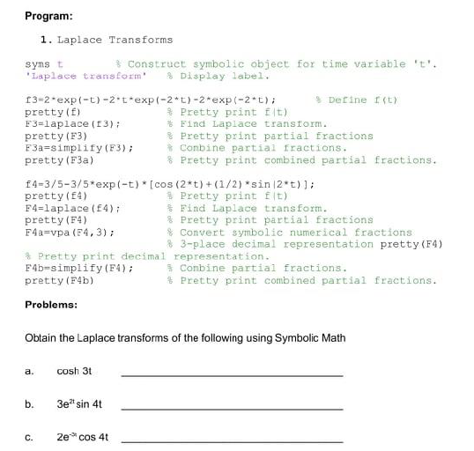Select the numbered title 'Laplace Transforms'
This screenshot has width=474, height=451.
(x=117, y=40)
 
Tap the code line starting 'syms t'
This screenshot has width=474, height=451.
(x=45, y=64)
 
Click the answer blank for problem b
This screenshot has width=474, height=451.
(x=230, y=407)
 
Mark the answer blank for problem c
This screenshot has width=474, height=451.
(x=230, y=440)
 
